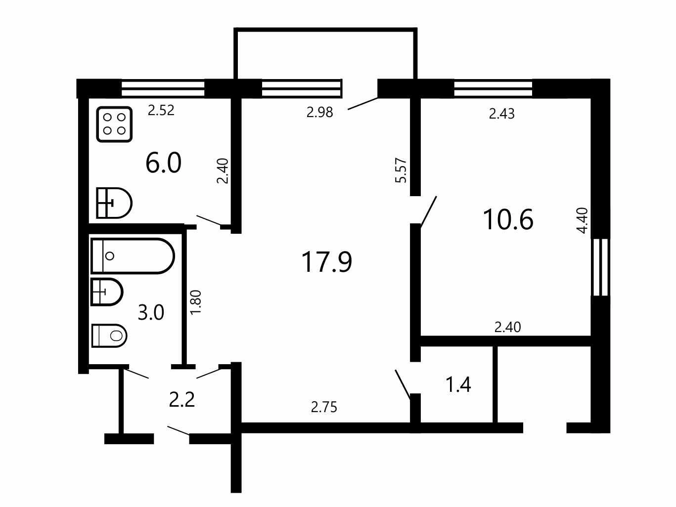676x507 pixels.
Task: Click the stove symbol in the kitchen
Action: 114,125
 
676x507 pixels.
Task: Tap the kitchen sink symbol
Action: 114,203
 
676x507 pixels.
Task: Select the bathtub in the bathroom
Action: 133,255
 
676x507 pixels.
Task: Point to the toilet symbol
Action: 109,336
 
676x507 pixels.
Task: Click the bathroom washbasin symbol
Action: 106,292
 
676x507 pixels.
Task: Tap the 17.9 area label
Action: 327,262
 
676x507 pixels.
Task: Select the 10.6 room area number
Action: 508,219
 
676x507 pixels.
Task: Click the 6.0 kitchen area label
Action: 163,163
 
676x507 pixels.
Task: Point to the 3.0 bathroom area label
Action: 151,313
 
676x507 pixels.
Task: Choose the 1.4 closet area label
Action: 458,385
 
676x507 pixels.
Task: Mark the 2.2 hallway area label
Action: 181,400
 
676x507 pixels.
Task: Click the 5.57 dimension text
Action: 401,170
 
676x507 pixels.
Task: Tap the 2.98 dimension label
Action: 319,112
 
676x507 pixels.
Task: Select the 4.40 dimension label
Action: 582,221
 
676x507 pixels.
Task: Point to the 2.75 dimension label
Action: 324,407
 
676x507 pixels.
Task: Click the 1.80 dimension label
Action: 196,302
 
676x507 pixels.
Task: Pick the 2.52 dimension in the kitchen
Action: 161,110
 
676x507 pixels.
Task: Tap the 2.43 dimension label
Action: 502,114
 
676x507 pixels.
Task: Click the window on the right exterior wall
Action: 600,267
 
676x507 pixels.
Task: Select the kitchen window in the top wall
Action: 163,88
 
